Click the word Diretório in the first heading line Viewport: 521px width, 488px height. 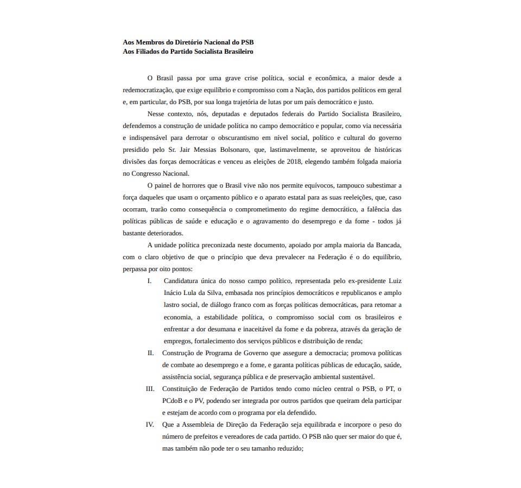tap(192, 42)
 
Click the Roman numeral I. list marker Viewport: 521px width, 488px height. tap(149, 281)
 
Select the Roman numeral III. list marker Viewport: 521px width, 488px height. tap(150, 389)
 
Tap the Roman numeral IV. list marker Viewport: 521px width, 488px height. tap(150, 425)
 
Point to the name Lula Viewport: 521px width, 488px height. tap(188, 293)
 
